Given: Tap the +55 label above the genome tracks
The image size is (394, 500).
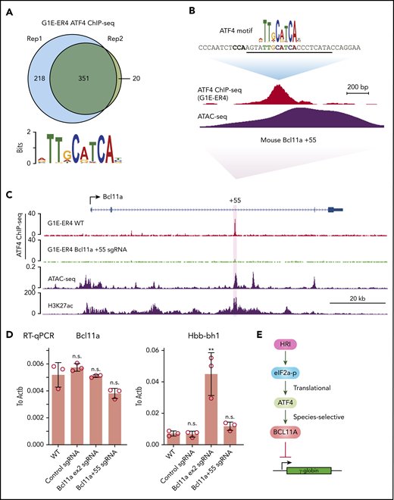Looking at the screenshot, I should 235,202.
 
